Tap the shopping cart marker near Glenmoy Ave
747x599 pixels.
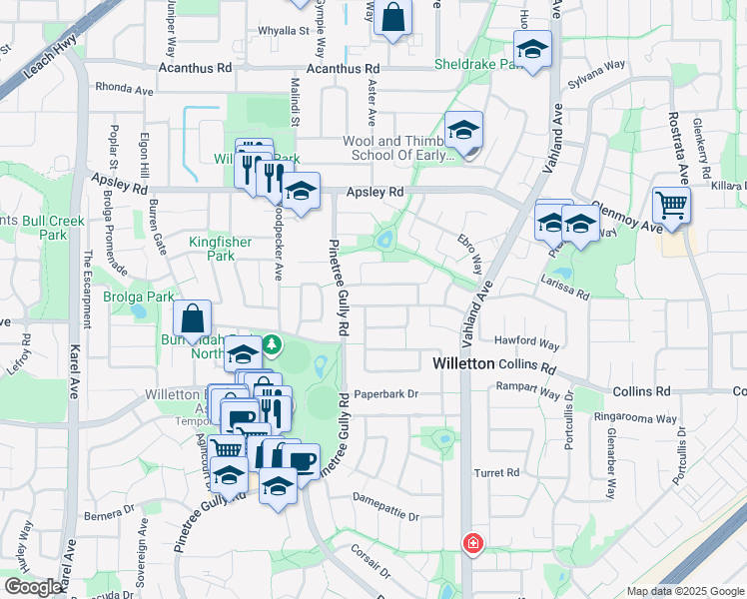click(671, 207)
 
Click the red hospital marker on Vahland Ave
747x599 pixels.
click(471, 544)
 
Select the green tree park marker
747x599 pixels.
click(272, 344)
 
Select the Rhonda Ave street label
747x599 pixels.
click(124, 88)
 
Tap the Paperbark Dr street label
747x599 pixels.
click(384, 394)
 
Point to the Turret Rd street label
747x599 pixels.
click(497, 472)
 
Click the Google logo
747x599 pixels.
click(33, 587)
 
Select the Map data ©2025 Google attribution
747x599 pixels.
click(686, 591)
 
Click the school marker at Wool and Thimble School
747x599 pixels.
click(464, 132)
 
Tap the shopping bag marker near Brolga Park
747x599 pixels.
click(192, 319)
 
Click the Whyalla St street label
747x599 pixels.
click(284, 31)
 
